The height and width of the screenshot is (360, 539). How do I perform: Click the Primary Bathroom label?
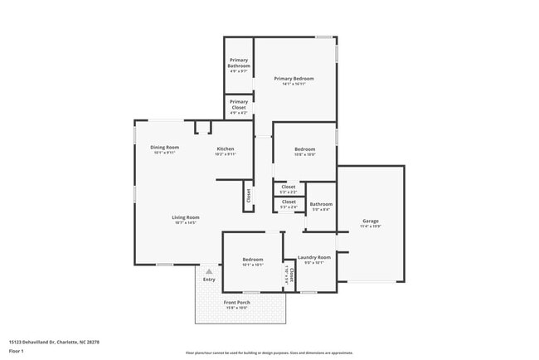tap(239, 63)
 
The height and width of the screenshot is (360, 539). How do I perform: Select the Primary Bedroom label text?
tap(294, 79)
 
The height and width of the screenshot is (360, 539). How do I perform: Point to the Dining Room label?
tap(165, 148)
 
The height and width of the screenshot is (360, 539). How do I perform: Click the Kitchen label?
tap(226, 149)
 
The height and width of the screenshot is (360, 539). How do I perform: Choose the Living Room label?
tap(186, 217)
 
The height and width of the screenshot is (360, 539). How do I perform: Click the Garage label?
tap(371, 221)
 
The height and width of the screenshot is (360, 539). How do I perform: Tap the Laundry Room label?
tap(314, 257)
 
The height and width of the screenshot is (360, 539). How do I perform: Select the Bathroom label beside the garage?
tap(321, 204)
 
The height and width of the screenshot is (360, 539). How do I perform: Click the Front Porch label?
tap(237, 303)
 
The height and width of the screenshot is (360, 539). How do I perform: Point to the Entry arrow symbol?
tap(209, 270)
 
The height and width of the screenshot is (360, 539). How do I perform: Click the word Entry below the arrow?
tap(209, 280)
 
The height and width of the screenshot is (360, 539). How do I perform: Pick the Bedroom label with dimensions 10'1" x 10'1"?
tap(253, 260)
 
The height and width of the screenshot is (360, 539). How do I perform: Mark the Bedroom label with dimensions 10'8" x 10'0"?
tap(304, 149)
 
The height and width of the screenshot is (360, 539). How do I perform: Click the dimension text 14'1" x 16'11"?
tap(294, 85)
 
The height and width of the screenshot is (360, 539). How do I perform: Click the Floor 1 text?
tap(17, 352)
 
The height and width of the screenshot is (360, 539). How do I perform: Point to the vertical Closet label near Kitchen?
tap(248, 196)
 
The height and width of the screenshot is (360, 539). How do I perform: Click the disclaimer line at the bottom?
tap(269, 353)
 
